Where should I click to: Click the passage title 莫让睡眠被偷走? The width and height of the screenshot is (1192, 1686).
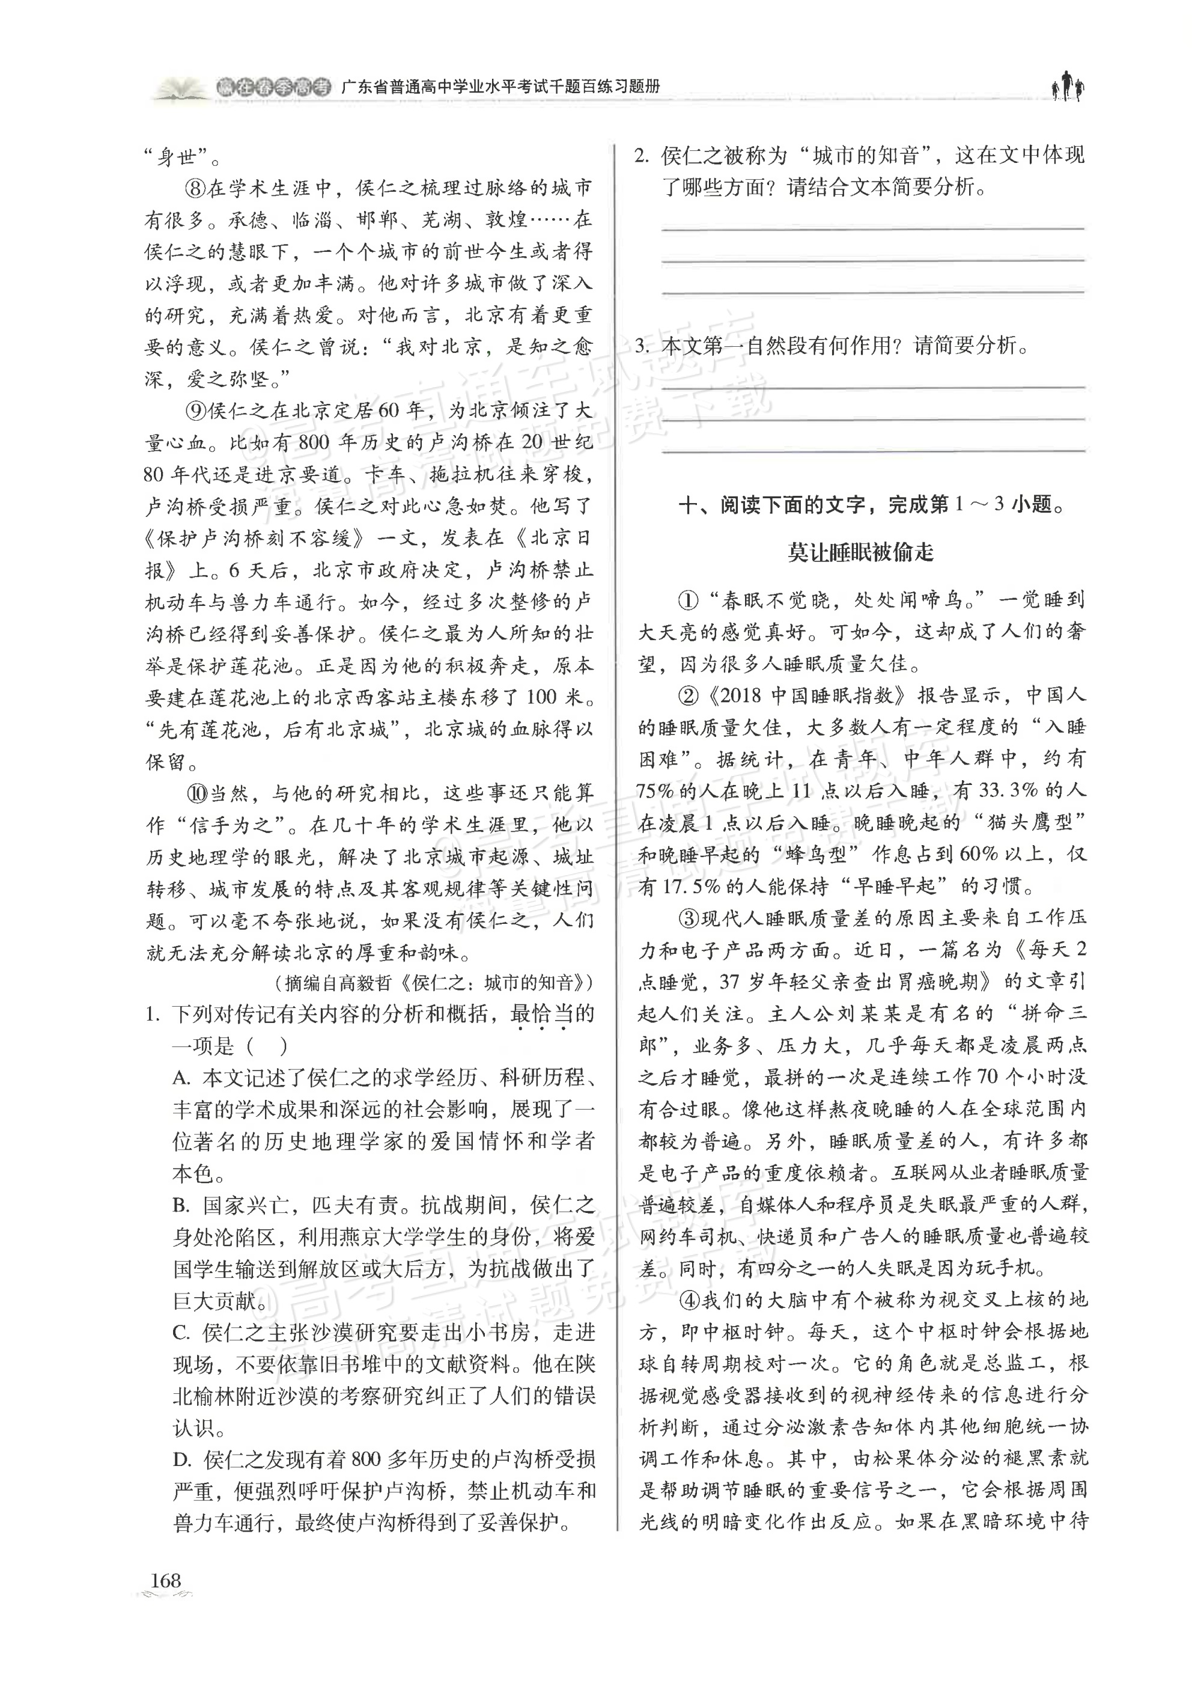click(860, 552)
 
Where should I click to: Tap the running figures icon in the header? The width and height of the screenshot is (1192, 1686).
click(1068, 87)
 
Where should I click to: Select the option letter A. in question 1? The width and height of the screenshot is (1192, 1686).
click(182, 1078)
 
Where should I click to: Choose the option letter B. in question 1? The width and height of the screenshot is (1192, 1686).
click(182, 1205)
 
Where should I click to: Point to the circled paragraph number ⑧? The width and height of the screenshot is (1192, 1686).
click(196, 189)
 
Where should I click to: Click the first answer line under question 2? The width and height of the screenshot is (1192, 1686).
click(873, 229)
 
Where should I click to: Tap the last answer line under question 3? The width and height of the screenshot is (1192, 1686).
click(873, 451)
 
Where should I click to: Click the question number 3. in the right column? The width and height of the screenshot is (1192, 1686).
click(643, 345)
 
